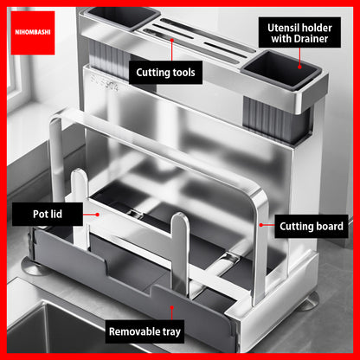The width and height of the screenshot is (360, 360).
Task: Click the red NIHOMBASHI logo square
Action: point(33,33)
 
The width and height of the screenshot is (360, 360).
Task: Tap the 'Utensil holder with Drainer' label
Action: point(299,33)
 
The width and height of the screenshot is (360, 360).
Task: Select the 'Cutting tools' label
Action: point(165,73)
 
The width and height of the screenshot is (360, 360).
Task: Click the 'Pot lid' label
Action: point(48,214)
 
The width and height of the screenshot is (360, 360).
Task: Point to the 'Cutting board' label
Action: point(312,227)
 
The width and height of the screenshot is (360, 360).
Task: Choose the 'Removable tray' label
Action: point(145,331)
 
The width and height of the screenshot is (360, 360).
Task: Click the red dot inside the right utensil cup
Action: point(299,67)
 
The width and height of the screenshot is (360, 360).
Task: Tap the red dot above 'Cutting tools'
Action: point(172,40)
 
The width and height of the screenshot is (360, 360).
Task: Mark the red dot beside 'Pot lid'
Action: point(98,215)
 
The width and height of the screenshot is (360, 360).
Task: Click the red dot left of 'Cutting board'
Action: point(260,225)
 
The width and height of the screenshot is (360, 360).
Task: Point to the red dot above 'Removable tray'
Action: point(172,307)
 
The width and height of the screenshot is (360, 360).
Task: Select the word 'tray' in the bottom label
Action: point(171,332)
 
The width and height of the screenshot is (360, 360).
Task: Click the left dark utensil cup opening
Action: point(122,16)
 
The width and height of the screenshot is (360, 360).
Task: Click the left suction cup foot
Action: point(34,267)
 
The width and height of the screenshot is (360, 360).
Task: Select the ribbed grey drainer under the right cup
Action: point(277,119)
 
